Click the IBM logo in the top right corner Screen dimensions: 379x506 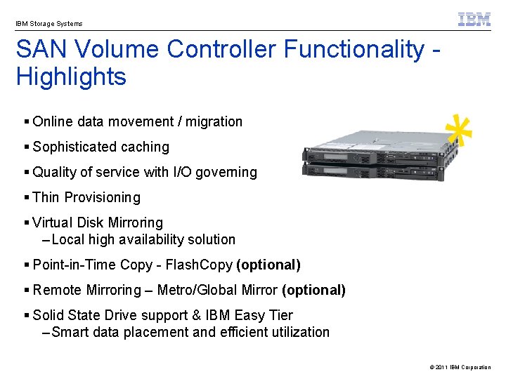(x=474, y=20)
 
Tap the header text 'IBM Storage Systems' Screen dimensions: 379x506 (x=49, y=24)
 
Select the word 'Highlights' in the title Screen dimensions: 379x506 (x=71, y=77)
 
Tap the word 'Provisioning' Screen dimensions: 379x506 (x=103, y=197)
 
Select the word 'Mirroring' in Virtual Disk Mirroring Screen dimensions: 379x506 (x=134, y=222)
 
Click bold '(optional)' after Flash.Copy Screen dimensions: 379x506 (x=268, y=265)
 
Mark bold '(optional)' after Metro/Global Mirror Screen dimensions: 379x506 (x=313, y=290)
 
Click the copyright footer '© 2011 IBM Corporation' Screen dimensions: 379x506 (x=460, y=367)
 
